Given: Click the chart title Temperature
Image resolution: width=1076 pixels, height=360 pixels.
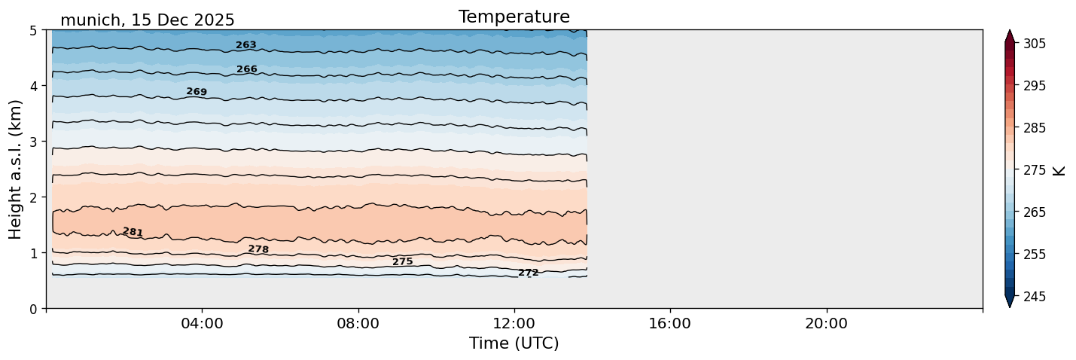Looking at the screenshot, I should click(514, 17).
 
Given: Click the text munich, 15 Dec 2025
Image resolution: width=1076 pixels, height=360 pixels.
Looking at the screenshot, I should click(147, 20).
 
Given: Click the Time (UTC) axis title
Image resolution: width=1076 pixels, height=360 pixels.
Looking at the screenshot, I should click(514, 343).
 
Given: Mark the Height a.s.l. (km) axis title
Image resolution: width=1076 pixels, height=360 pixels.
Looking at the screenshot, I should click(16, 169).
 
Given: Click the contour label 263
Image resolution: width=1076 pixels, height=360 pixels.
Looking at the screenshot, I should click(246, 45).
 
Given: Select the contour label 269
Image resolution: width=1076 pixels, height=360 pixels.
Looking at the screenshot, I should click(197, 92).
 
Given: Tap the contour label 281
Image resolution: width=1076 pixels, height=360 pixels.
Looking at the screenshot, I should click(133, 232).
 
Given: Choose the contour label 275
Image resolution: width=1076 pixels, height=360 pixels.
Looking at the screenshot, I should click(403, 262).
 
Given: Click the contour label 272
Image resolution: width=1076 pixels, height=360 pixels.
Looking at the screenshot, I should click(529, 273).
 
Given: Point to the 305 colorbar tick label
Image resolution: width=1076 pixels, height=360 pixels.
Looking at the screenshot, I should click(1034, 44).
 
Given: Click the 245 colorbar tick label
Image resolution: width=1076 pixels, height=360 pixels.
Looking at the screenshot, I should click(1034, 297).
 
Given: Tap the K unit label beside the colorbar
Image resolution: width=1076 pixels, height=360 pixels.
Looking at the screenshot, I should click(1059, 170).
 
